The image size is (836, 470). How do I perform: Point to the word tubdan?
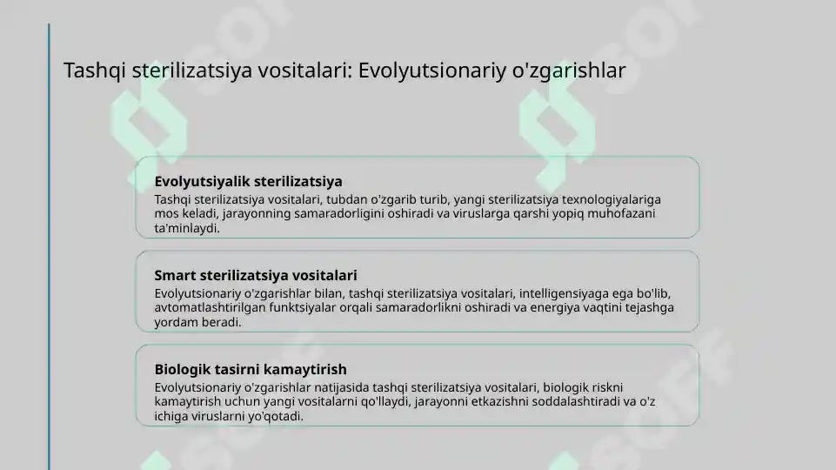pyautogui.click(x=347, y=198)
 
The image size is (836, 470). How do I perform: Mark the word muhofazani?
pyautogui.click(x=621, y=213)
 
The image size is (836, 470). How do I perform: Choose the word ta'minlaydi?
pyautogui.click(x=186, y=228)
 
